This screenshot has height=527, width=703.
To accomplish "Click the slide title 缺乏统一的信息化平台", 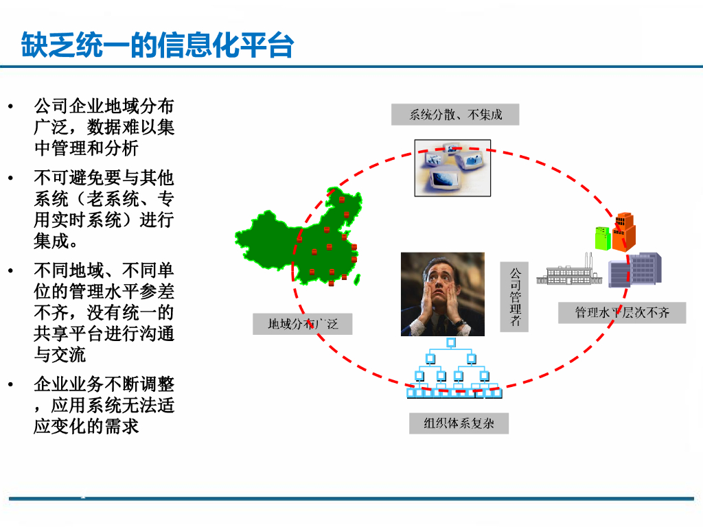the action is pos(157,46).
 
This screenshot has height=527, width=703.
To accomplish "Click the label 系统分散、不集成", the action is pos(455,115).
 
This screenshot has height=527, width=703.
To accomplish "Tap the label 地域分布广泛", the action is pos(302,324).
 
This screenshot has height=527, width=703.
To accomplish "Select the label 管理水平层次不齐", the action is pos(622,313).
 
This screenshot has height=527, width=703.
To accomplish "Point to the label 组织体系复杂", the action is pos(460,423).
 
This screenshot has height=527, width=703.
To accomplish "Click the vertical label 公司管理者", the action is pos(514,296).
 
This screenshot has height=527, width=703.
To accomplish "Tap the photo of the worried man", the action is pos(443,294).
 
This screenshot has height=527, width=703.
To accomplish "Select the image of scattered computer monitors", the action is pos(452,167).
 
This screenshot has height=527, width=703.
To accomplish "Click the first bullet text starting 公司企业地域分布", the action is pos(104,127).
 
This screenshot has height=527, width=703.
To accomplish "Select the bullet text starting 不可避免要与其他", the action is pos(104,209).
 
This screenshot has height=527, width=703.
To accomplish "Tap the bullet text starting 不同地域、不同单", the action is pos(104,312).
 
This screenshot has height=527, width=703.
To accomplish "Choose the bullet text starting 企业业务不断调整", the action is pos(104,405).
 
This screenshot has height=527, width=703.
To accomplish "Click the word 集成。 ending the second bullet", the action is pos(56,242).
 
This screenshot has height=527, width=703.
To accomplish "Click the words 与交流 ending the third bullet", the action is pos(60,355).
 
